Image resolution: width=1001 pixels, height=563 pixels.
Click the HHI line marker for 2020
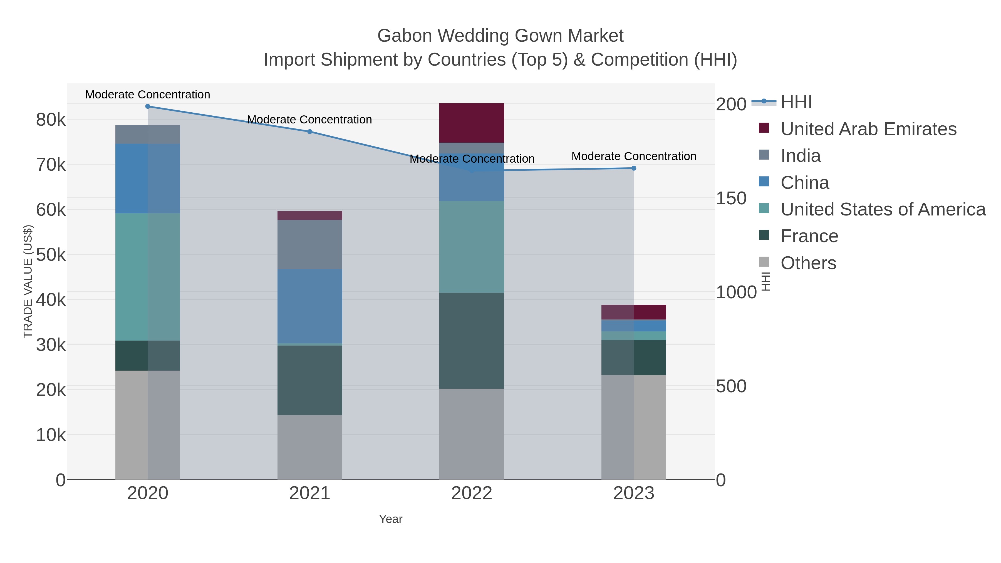[x=148, y=106]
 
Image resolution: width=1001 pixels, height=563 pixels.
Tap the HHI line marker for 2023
[x=634, y=168]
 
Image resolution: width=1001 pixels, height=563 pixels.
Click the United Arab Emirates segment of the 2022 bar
[x=471, y=123]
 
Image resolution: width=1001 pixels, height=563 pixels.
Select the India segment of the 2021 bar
[x=310, y=244]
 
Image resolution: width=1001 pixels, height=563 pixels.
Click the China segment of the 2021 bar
[x=310, y=306]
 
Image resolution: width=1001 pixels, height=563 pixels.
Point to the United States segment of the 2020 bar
[x=148, y=277]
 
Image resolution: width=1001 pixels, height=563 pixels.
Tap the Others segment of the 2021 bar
[x=310, y=447]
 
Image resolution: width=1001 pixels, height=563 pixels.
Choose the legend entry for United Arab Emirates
[x=868, y=129]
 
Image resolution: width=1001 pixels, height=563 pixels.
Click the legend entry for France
[x=809, y=236]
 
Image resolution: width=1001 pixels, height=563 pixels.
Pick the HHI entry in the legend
[x=796, y=102]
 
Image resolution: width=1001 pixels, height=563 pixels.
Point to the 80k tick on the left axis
[x=51, y=120]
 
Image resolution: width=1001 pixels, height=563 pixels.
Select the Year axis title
[x=391, y=519]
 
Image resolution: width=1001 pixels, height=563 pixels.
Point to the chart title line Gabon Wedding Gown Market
[x=500, y=36]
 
